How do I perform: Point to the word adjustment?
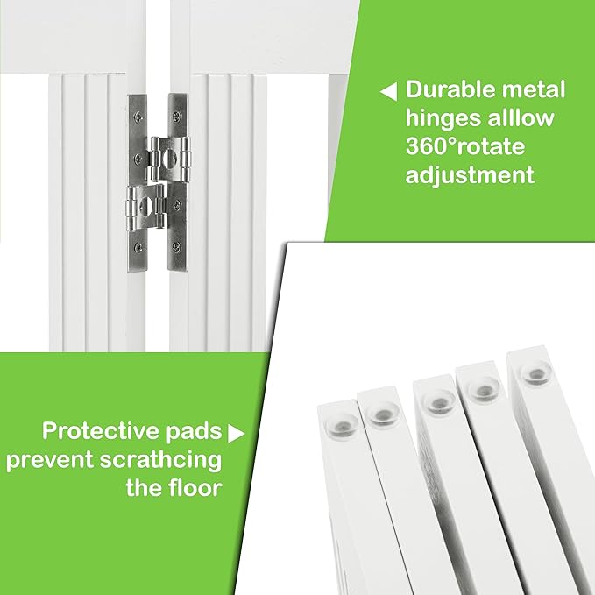[470, 174]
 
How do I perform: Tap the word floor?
[194, 487]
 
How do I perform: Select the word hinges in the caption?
[443, 118]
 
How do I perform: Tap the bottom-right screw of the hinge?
[178, 248]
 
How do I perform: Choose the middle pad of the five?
[434, 400]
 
